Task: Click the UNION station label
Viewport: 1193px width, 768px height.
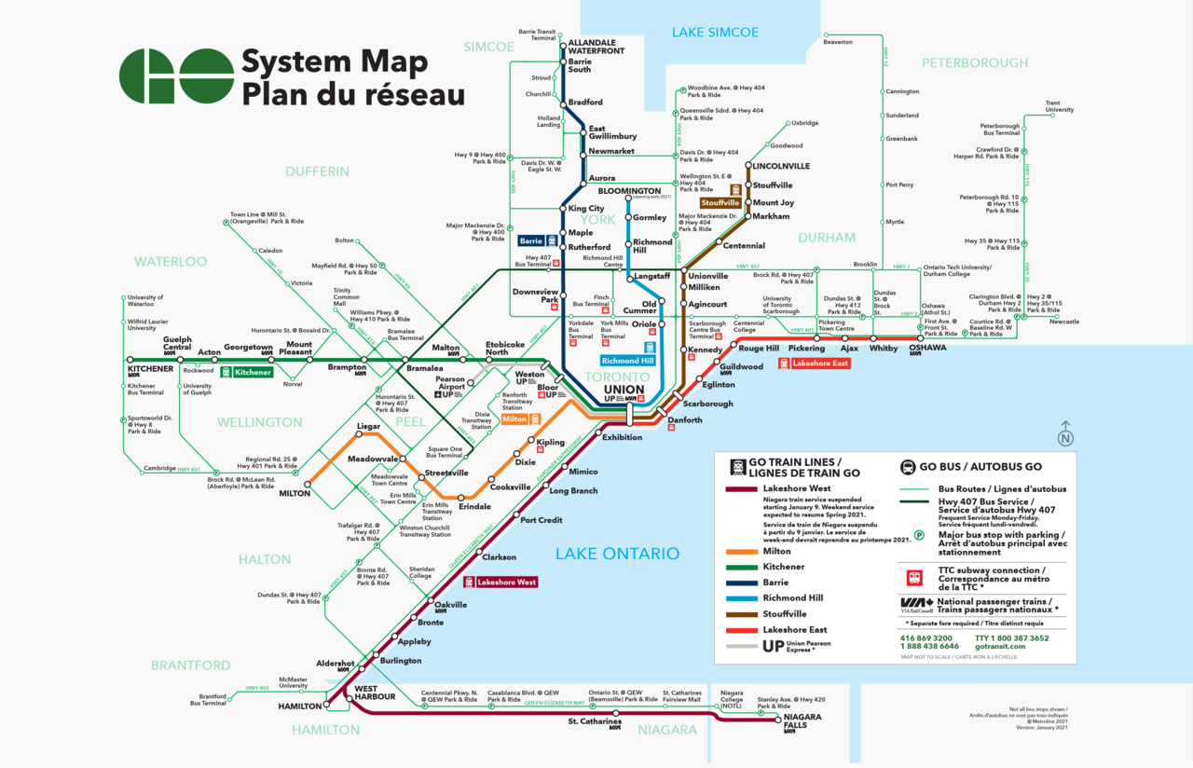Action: point(624,389)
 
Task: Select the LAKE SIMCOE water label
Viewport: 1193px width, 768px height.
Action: point(715,33)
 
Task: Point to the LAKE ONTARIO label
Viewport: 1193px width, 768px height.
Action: point(617,554)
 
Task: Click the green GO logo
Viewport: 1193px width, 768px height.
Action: point(176,75)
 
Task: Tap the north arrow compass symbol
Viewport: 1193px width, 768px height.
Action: point(1065,435)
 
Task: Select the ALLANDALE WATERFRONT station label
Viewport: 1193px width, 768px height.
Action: point(596,47)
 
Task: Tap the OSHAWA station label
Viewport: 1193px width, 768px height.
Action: point(927,348)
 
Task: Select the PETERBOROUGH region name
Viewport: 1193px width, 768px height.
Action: point(975,62)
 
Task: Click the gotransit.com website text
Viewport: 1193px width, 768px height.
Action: point(1000,646)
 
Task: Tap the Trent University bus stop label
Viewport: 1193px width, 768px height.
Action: point(1059,106)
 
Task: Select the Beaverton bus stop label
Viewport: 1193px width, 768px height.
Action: point(838,42)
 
